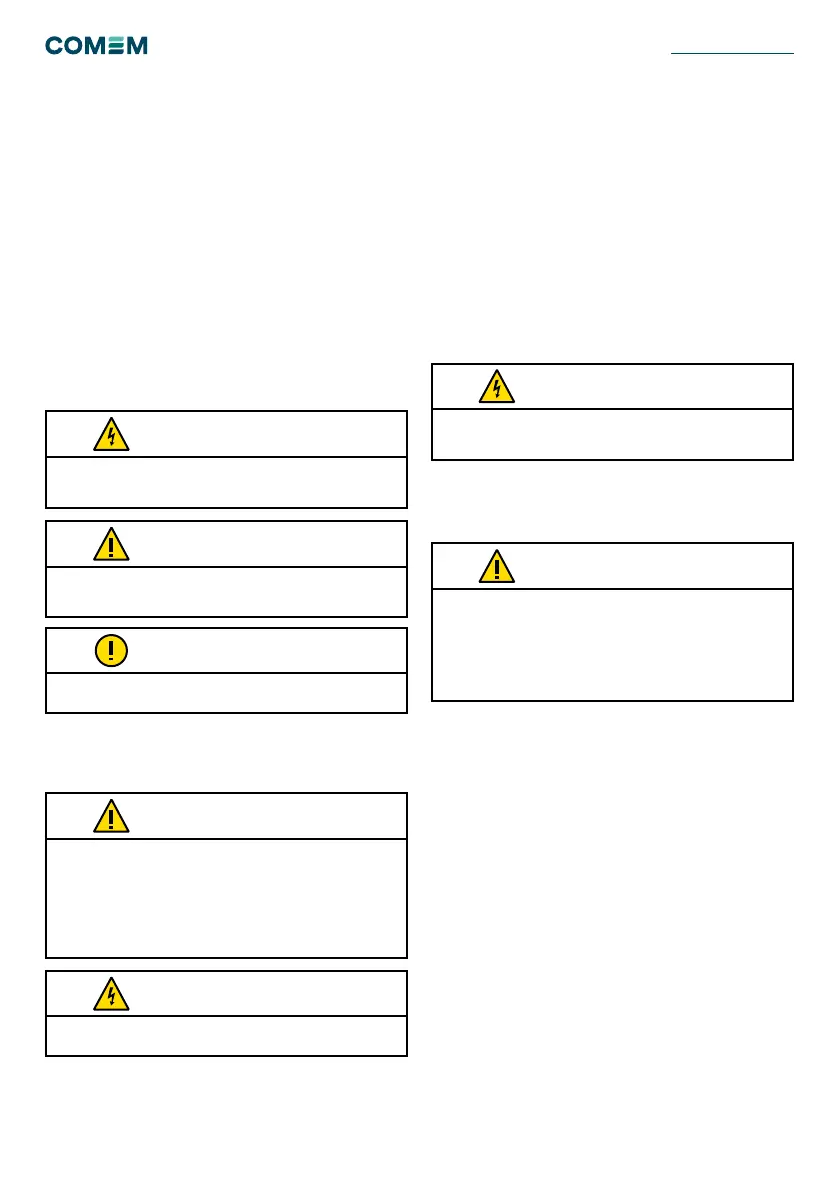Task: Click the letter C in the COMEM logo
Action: [56, 46]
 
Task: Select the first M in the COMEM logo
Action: [101, 46]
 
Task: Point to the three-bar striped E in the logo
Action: [121, 46]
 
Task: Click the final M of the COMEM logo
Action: [139, 46]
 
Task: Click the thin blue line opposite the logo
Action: [731, 52]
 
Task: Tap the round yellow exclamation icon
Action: [111, 651]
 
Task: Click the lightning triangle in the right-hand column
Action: [497, 386]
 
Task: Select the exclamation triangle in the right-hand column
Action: [497, 566]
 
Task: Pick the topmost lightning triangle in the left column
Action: [111, 434]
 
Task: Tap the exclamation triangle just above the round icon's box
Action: [111, 544]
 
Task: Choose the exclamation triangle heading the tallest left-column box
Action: [111, 816]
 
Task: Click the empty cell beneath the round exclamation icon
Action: [226, 693]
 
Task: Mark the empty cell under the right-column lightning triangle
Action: [612, 434]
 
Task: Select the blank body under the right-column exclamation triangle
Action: [612, 645]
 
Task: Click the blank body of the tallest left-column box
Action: [226, 898]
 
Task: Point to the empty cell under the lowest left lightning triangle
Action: [226, 1036]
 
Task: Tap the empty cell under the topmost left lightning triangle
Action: [226, 482]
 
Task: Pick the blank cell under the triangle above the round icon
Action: [226, 592]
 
